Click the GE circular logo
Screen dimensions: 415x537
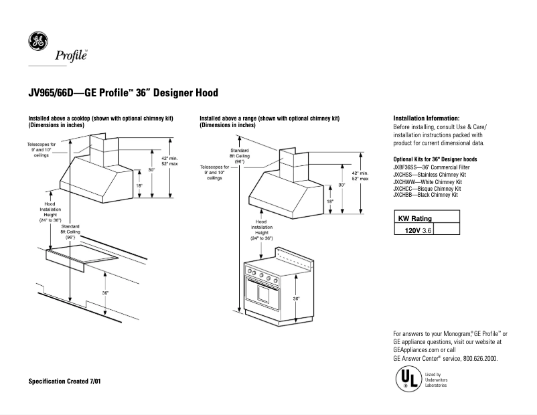(37, 41)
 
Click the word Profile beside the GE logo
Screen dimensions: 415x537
(70, 57)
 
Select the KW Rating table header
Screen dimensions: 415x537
(415, 218)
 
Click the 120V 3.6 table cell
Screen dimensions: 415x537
(414, 230)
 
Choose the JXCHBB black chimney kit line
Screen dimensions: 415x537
(425, 195)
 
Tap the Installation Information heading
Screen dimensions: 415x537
(426, 118)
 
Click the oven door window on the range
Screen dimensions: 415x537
(264, 293)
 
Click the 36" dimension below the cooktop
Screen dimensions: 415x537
(106, 293)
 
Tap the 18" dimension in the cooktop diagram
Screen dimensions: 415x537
(140, 186)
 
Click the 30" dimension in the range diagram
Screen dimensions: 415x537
(341, 185)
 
